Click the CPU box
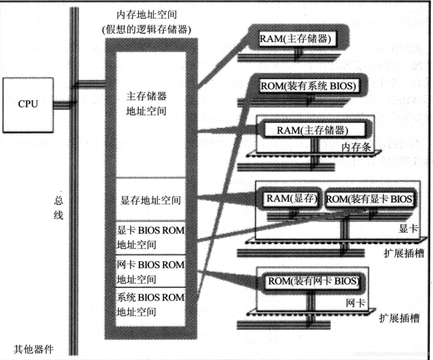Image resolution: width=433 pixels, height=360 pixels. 28,105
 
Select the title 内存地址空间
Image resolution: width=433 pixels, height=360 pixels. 146,15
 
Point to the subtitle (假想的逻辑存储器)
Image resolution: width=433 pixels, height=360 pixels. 146,29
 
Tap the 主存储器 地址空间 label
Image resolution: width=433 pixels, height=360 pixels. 146,103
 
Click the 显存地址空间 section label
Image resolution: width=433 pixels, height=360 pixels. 151,200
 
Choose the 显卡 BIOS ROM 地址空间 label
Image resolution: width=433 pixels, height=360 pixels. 151,237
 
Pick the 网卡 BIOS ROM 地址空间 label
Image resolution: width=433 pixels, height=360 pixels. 151,272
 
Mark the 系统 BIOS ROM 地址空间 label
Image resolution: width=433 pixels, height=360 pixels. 151,304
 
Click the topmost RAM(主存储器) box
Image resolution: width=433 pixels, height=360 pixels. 295,38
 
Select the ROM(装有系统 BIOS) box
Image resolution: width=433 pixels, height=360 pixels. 308,86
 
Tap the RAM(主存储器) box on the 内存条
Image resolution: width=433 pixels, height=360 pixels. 312,130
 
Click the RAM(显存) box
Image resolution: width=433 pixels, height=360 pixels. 292,198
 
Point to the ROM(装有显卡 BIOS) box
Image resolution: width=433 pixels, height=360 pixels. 370,199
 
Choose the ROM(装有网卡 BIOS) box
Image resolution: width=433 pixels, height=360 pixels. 313,282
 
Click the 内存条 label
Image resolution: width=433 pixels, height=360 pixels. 356,147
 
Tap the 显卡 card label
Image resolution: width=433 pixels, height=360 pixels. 408,228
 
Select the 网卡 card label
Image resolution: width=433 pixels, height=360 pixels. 355,304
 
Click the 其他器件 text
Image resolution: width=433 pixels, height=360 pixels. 34,349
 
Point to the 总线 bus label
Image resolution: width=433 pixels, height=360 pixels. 59,208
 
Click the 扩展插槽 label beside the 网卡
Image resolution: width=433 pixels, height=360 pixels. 399,318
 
